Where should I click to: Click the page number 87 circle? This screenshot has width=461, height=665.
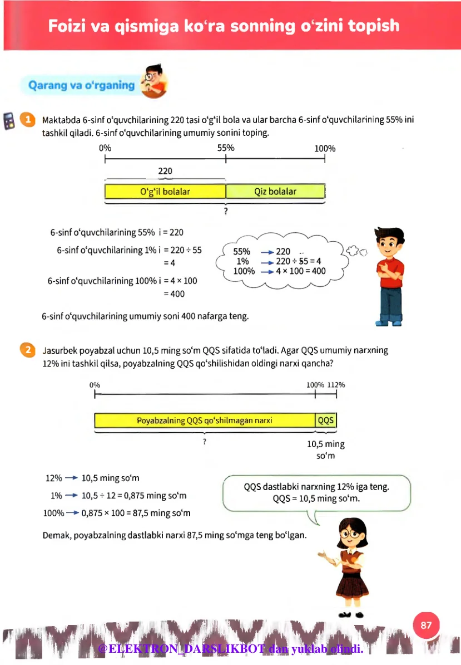(426, 625)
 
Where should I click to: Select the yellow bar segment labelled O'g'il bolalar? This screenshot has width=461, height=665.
(165, 192)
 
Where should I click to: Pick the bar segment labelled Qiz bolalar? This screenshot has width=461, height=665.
(275, 192)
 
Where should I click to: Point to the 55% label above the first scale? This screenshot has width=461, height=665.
(225, 148)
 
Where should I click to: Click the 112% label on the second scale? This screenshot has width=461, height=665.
(336, 384)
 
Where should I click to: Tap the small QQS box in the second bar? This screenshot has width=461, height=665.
(326, 420)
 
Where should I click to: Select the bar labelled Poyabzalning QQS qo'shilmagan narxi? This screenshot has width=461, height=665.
(205, 420)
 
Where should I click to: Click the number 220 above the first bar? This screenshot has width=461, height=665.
(165, 171)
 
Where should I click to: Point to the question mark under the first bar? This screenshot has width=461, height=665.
(226, 212)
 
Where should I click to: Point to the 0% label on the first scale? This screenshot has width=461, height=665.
(105, 148)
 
